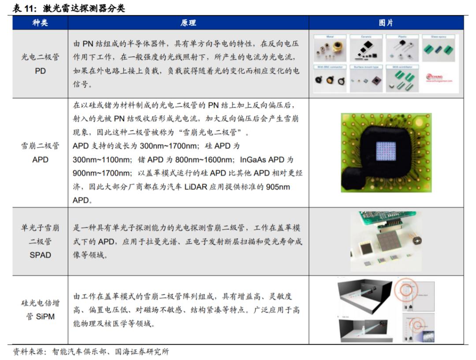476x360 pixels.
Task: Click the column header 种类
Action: [x=40, y=23]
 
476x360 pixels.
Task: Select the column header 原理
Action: [x=188, y=23]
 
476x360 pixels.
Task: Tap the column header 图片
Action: [x=386, y=23]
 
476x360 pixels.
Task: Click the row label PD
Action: [x=40, y=71]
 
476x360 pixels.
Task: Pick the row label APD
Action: [x=40, y=160]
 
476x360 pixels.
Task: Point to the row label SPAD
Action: [x=40, y=255]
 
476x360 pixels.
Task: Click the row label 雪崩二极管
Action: [x=40, y=146]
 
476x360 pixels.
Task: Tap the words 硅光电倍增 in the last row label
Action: [x=40, y=303]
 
